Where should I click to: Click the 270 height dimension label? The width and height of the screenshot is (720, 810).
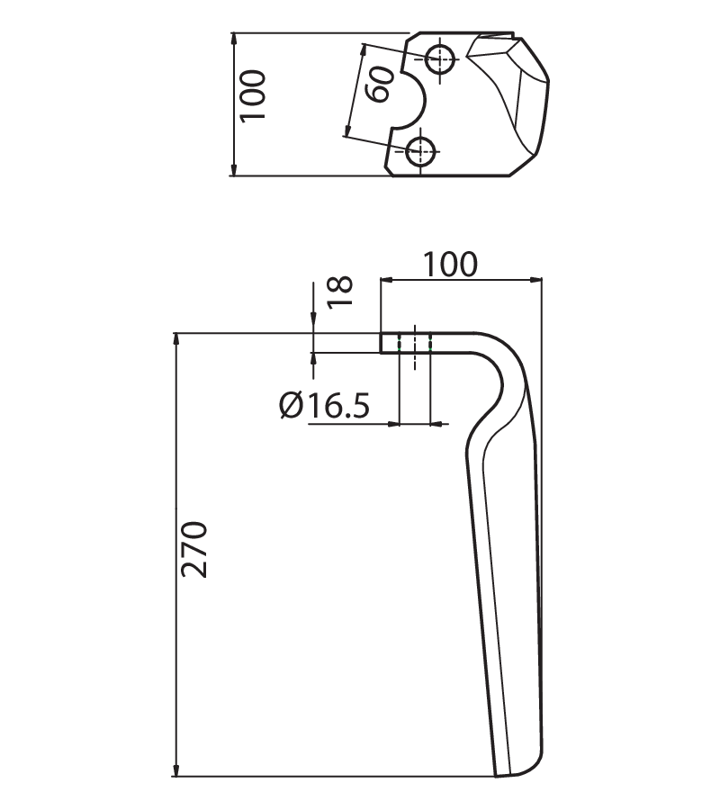click(194, 549)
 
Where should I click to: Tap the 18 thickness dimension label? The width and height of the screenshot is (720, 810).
click(340, 292)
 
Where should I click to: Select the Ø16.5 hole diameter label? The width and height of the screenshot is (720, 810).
click(324, 406)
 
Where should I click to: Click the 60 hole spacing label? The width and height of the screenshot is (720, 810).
click(379, 84)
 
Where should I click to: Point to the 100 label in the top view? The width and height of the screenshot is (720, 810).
click(253, 96)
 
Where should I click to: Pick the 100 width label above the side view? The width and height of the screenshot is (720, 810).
click(450, 265)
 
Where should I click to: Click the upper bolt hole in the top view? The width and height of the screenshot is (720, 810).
click(441, 58)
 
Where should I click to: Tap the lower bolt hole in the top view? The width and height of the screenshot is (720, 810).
click(421, 151)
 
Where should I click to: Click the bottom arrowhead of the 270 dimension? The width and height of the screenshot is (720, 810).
click(176, 770)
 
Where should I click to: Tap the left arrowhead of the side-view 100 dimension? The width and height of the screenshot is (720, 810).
click(386, 280)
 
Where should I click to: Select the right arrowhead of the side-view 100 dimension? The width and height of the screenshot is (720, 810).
click(536, 280)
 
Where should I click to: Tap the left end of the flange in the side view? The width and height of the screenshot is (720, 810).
click(382, 343)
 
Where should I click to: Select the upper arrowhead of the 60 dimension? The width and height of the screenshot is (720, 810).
click(363, 50)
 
